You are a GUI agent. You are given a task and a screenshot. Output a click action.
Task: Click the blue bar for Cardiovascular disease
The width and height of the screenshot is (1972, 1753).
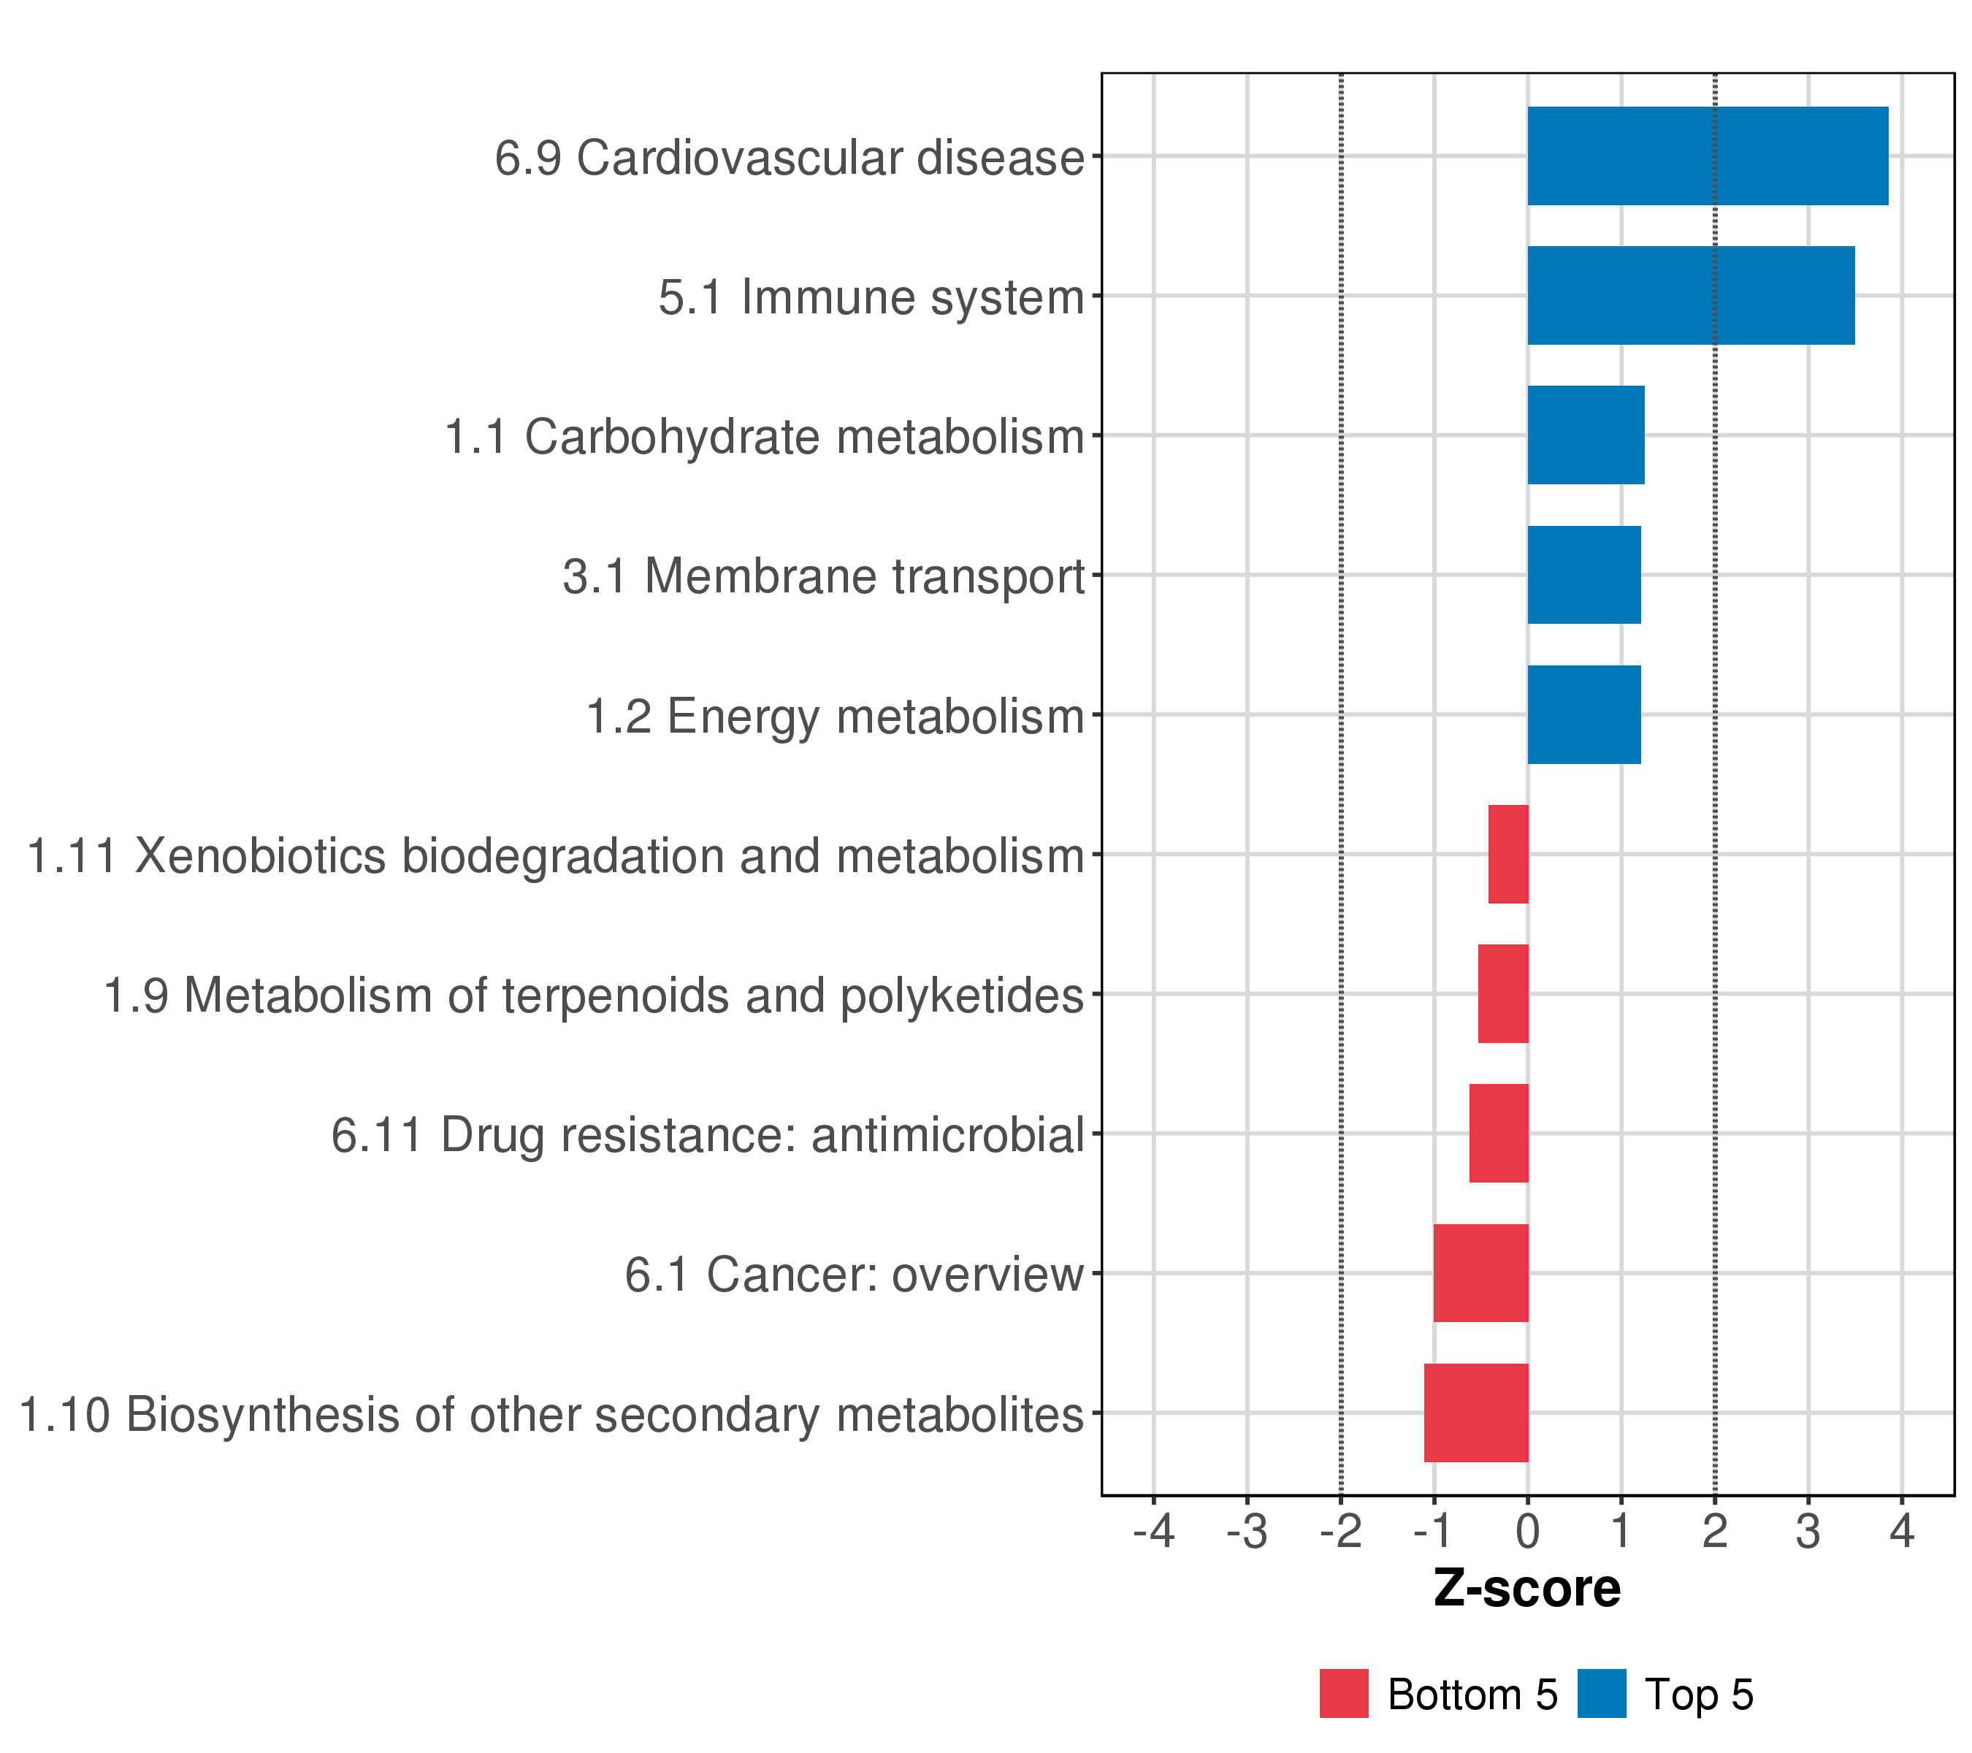pyautogui.click(x=1707, y=156)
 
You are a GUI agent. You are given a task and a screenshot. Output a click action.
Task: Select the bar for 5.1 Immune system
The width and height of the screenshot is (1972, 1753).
pyautogui.click(x=1690, y=295)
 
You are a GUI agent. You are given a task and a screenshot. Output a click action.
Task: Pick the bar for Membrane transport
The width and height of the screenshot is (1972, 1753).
pyautogui.click(x=1583, y=575)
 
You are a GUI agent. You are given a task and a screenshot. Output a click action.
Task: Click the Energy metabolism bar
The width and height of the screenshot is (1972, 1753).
pyautogui.click(x=1583, y=715)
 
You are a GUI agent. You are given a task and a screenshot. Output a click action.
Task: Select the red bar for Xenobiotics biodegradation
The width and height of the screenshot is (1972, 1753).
pyautogui.click(x=1508, y=854)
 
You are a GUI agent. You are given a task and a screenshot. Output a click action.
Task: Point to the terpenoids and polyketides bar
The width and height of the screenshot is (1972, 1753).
pyautogui.click(x=1503, y=993)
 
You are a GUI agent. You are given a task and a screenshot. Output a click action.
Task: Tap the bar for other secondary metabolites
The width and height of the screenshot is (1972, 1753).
pyautogui.click(x=1476, y=1413)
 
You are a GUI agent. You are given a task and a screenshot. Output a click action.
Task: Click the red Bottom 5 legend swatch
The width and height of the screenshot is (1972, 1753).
pyautogui.click(x=1344, y=1694)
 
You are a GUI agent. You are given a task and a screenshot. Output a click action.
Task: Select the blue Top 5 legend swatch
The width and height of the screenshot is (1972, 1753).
pyautogui.click(x=1602, y=1694)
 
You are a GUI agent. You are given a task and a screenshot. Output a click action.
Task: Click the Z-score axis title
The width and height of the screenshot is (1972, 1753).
pyautogui.click(x=1527, y=1589)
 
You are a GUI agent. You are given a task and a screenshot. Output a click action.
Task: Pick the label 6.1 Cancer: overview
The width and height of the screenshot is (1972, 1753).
pyautogui.click(x=854, y=1275)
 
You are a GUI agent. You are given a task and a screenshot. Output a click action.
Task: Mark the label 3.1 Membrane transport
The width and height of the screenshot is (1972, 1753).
pyautogui.click(x=824, y=577)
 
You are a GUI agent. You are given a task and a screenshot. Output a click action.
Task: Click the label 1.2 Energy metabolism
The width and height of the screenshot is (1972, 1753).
pyautogui.click(x=836, y=717)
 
